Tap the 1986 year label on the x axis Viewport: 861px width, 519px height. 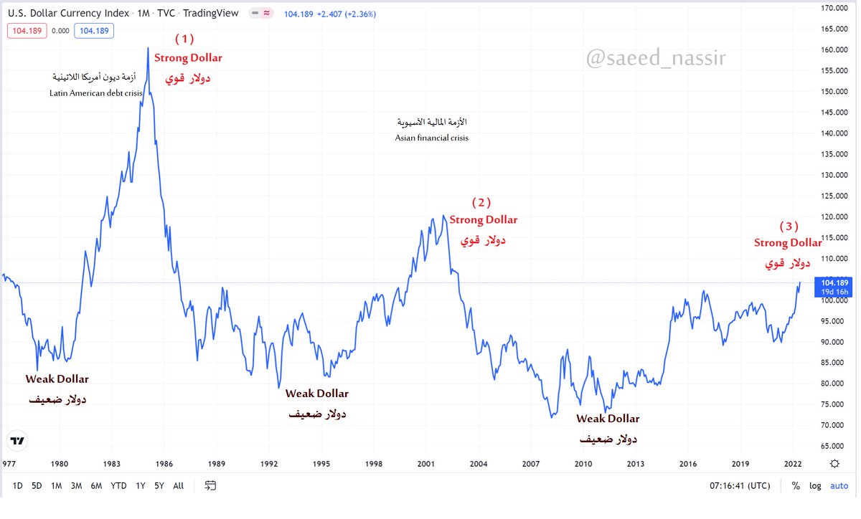pos(164,463)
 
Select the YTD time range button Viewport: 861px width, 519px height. pos(119,485)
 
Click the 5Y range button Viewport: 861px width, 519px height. pos(159,485)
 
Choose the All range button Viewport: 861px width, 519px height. pos(179,485)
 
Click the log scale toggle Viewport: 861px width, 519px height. pos(815,485)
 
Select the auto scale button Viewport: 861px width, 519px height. pos(839,485)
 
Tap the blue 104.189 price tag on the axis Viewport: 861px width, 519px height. pos(833,282)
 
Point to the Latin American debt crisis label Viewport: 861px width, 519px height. pos(96,93)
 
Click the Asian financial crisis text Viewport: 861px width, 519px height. pos(431,138)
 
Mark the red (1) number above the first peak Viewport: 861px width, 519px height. pos(184,39)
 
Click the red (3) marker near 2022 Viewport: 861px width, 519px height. pos(789,226)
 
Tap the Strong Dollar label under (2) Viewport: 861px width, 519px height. pos(483,219)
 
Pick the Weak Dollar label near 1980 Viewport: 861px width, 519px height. pos(57,379)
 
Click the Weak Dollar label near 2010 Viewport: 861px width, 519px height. pos(608,419)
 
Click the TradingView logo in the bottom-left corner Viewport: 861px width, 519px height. pos(17,441)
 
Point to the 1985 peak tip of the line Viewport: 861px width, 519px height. pos(148,49)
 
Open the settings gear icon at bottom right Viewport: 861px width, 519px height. pos(835,463)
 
